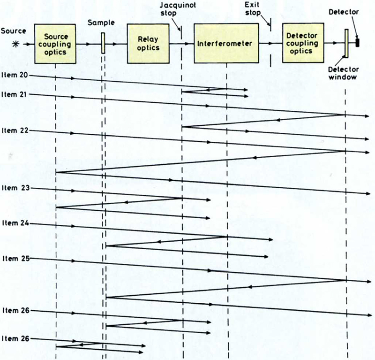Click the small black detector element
(x=357, y=43)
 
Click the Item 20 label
(x=15, y=74)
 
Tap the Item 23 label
(x=15, y=188)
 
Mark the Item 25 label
(x=15, y=259)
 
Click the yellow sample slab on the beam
(x=103, y=43)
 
